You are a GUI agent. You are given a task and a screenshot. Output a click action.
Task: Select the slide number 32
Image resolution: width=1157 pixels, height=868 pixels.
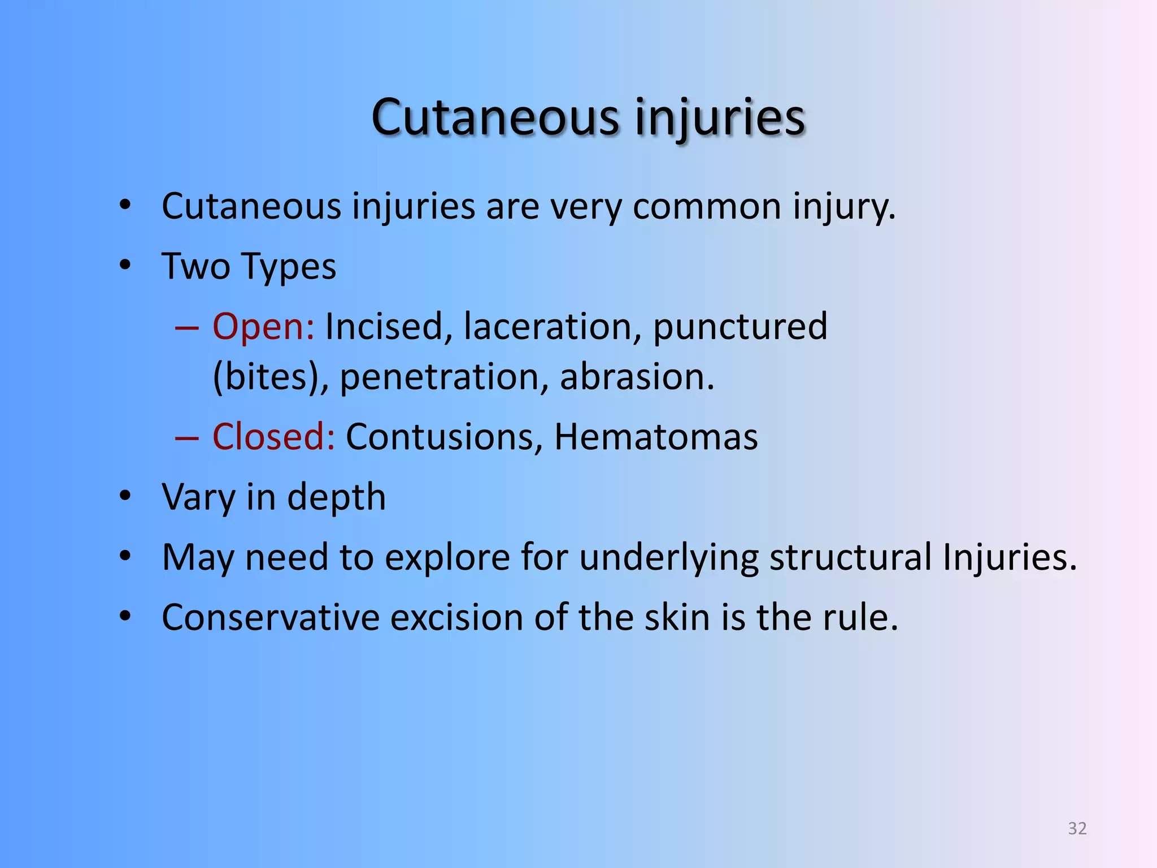pos(1077,828)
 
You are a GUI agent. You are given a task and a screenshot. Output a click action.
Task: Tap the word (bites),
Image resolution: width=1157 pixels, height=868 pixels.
pos(271,377)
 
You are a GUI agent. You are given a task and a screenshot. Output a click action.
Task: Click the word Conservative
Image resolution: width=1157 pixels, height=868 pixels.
pos(271,617)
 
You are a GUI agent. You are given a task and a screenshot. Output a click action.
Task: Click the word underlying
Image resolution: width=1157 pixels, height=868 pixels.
pos(669,558)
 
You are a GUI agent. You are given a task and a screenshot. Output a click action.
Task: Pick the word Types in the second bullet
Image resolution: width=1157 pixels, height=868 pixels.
pos(288,267)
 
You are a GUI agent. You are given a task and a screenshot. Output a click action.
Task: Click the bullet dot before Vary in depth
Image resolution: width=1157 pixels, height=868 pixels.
pos(125,496)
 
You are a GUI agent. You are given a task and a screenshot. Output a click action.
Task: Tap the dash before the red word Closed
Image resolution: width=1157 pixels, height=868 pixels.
pos(187,438)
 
